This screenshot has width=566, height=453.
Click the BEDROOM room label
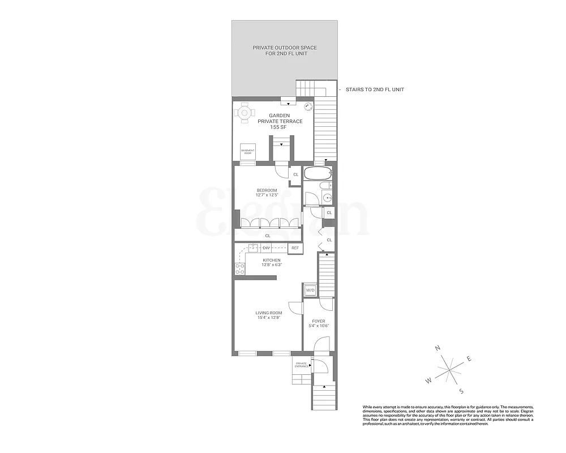point(267,190)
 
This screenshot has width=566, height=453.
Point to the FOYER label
point(318,321)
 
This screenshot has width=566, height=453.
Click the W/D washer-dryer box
point(310,290)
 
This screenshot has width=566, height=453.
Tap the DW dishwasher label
point(266,248)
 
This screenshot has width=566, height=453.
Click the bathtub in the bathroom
point(318,173)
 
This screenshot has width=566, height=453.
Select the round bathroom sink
point(326,198)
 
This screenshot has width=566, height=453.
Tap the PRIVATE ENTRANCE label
point(301,365)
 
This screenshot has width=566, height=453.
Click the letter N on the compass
point(437,349)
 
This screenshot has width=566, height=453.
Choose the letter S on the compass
point(461,391)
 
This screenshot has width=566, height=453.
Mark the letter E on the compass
point(469,358)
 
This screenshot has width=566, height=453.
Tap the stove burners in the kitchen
point(239,269)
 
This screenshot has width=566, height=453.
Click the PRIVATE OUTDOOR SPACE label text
point(284,50)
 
